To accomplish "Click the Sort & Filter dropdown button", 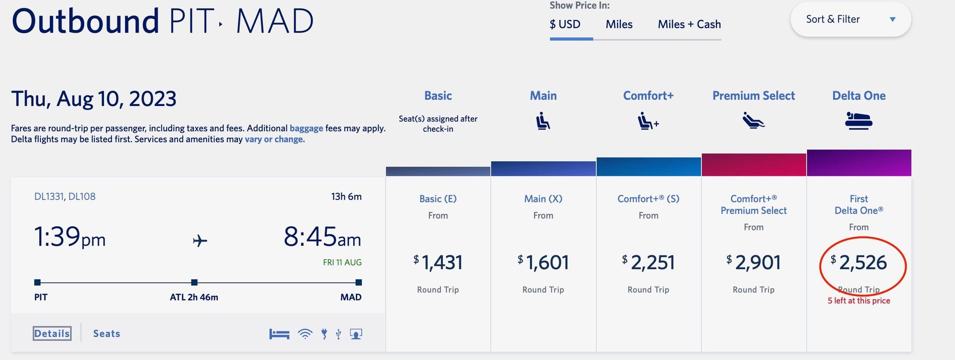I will tap(850, 20).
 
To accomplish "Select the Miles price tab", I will tap(619, 24).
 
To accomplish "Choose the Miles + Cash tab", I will tap(689, 24).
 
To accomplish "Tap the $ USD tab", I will tap(565, 24).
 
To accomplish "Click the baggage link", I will tap(306, 128).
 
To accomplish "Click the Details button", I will tap(52, 333).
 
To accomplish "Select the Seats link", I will tap(106, 334).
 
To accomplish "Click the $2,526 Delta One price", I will tap(859, 263).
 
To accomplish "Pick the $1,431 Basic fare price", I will tap(438, 263).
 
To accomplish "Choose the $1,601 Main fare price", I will tap(543, 263).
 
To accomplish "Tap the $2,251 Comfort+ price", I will tap(648, 263).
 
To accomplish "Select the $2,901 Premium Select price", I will tap(753, 263).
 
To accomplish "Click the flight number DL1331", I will tap(49, 197).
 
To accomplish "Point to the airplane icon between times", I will tap(200, 241).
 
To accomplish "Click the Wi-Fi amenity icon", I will tap(305, 334).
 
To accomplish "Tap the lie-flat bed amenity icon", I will tap(279, 334).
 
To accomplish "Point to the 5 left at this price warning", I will tap(859, 301).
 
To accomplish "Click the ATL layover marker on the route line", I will tap(194, 283).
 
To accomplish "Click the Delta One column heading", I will tap(859, 96).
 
